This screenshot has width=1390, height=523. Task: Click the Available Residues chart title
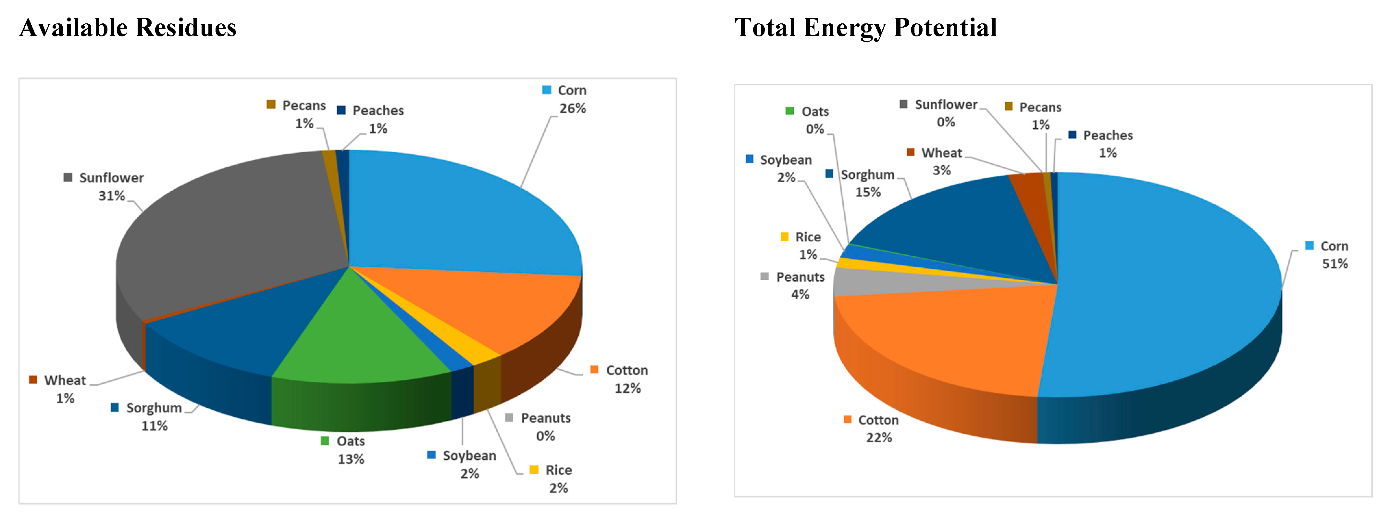pos(128,28)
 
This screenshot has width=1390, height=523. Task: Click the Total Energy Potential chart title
pos(865,28)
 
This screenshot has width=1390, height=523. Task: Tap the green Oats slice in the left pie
pos(356,335)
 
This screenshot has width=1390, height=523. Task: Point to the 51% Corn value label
pos(1334,264)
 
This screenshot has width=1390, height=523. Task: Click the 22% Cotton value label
pos(879,438)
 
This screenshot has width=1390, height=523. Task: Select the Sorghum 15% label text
pos(868,184)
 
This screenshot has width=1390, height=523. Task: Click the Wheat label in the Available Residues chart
pos(65,380)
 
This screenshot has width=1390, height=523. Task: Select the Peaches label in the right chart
pos(1108,135)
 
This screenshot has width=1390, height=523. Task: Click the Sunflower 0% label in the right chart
pos(946,113)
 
